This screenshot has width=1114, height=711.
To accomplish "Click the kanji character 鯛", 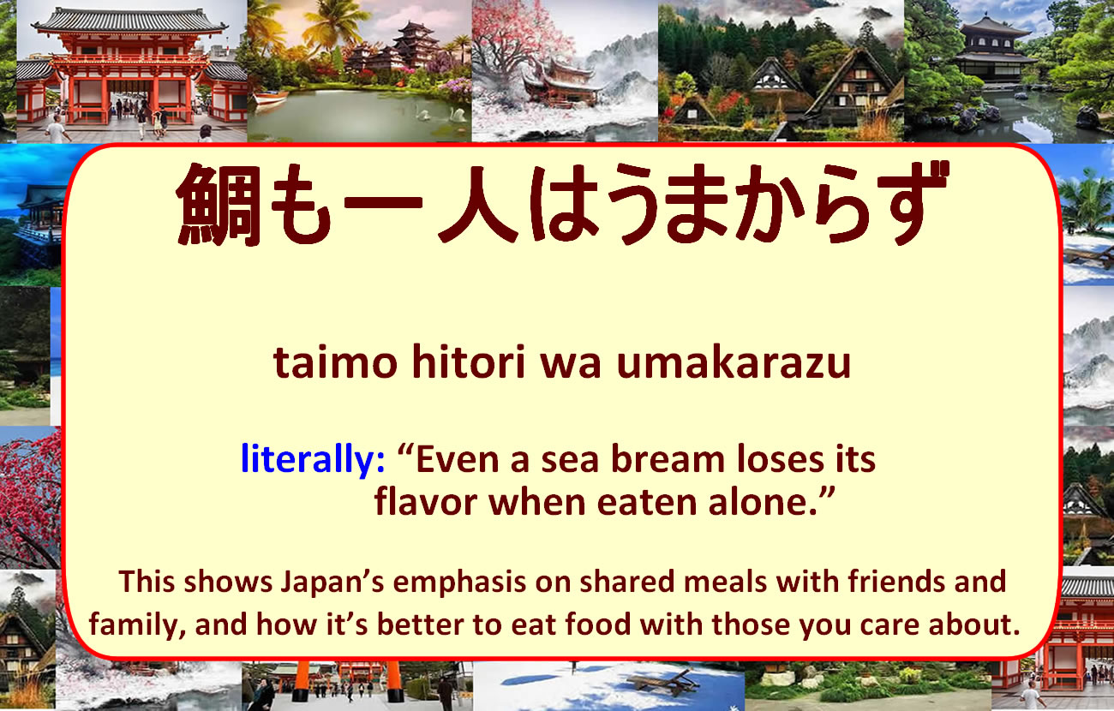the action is click(x=219, y=205).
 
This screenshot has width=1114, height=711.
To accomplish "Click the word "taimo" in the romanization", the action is click(x=335, y=362).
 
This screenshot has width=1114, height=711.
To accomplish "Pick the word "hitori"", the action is click(x=469, y=361).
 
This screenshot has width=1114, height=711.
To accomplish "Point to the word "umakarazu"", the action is click(x=734, y=361).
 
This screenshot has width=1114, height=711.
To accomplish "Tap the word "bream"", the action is click(x=668, y=459).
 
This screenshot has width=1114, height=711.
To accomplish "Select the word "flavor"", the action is click(x=426, y=502).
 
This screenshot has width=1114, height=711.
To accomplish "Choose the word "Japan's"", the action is click(x=332, y=582).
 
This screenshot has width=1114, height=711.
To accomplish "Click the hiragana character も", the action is click(x=302, y=205).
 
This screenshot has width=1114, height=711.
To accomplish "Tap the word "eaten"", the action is click(x=646, y=503).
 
